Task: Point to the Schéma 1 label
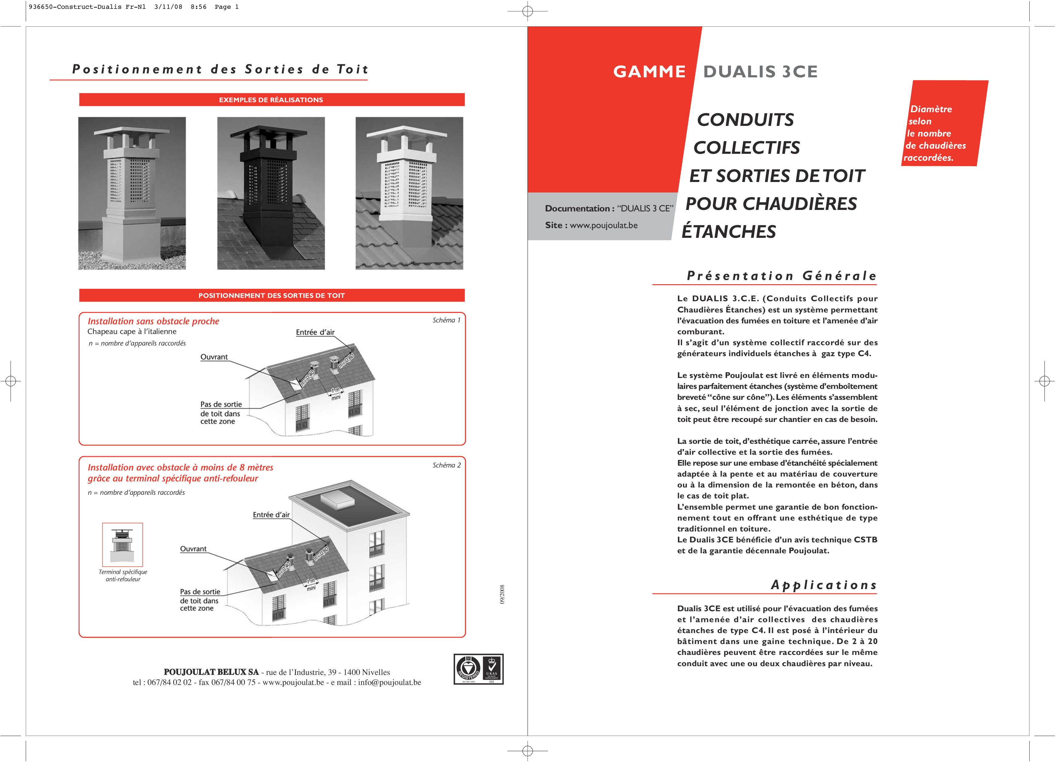pyautogui.click(x=446, y=320)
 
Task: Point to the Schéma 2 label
pyautogui.click(x=446, y=465)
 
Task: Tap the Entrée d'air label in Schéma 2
pyautogui.click(x=271, y=515)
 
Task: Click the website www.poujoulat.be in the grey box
pyautogui.click(x=604, y=225)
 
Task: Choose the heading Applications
pyautogui.click(x=823, y=585)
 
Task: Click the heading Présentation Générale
pyautogui.click(x=781, y=276)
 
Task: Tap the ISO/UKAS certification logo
pyautogui.click(x=478, y=669)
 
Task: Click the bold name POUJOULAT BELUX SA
pyautogui.click(x=211, y=672)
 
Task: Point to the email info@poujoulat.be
pyautogui.click(x=389, y=683)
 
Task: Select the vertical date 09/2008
pyautogui.click(x=502, y=595)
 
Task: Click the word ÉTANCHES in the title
pyautogui.click(x=729, y=232)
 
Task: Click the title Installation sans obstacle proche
pyautogui.click(x=153, y=321)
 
